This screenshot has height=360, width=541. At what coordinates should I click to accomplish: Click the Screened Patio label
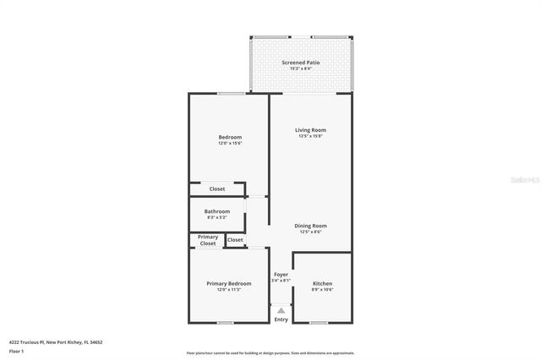click(x=300, y=63)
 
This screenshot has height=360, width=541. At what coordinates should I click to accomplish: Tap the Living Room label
click(x=309, y=129)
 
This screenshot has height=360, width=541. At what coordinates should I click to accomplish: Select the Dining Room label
click(x=309, y=226)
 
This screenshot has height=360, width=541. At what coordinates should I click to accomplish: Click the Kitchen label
click(x=322, y=283)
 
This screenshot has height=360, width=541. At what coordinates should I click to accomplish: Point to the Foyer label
click(x=281, y=274)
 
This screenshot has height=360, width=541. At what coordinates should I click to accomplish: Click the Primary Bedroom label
click(x=228, y=283)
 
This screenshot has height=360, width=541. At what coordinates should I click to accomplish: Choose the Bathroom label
click(x=216, y=211)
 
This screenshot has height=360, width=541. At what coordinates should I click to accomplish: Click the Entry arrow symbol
click(x=281, y=311)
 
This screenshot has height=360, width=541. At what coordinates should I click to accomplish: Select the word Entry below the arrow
click(x=281, y=319)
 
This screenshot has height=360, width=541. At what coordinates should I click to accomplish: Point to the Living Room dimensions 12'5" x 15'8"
click(x=310, y=135)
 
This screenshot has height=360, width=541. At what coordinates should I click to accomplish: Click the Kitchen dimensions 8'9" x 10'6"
click(x=322, y=289)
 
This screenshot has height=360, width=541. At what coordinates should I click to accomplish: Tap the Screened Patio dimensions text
click(x=300, y=68)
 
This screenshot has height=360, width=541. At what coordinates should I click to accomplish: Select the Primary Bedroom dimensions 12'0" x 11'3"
click(x=228, y=289)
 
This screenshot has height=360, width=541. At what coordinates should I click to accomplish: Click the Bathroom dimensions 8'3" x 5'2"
click(x=216, y=217)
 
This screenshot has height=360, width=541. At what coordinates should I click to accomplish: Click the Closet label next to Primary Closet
click(x=235, y=240)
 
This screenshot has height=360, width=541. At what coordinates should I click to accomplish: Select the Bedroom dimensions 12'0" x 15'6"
click(x=230, y=143)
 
